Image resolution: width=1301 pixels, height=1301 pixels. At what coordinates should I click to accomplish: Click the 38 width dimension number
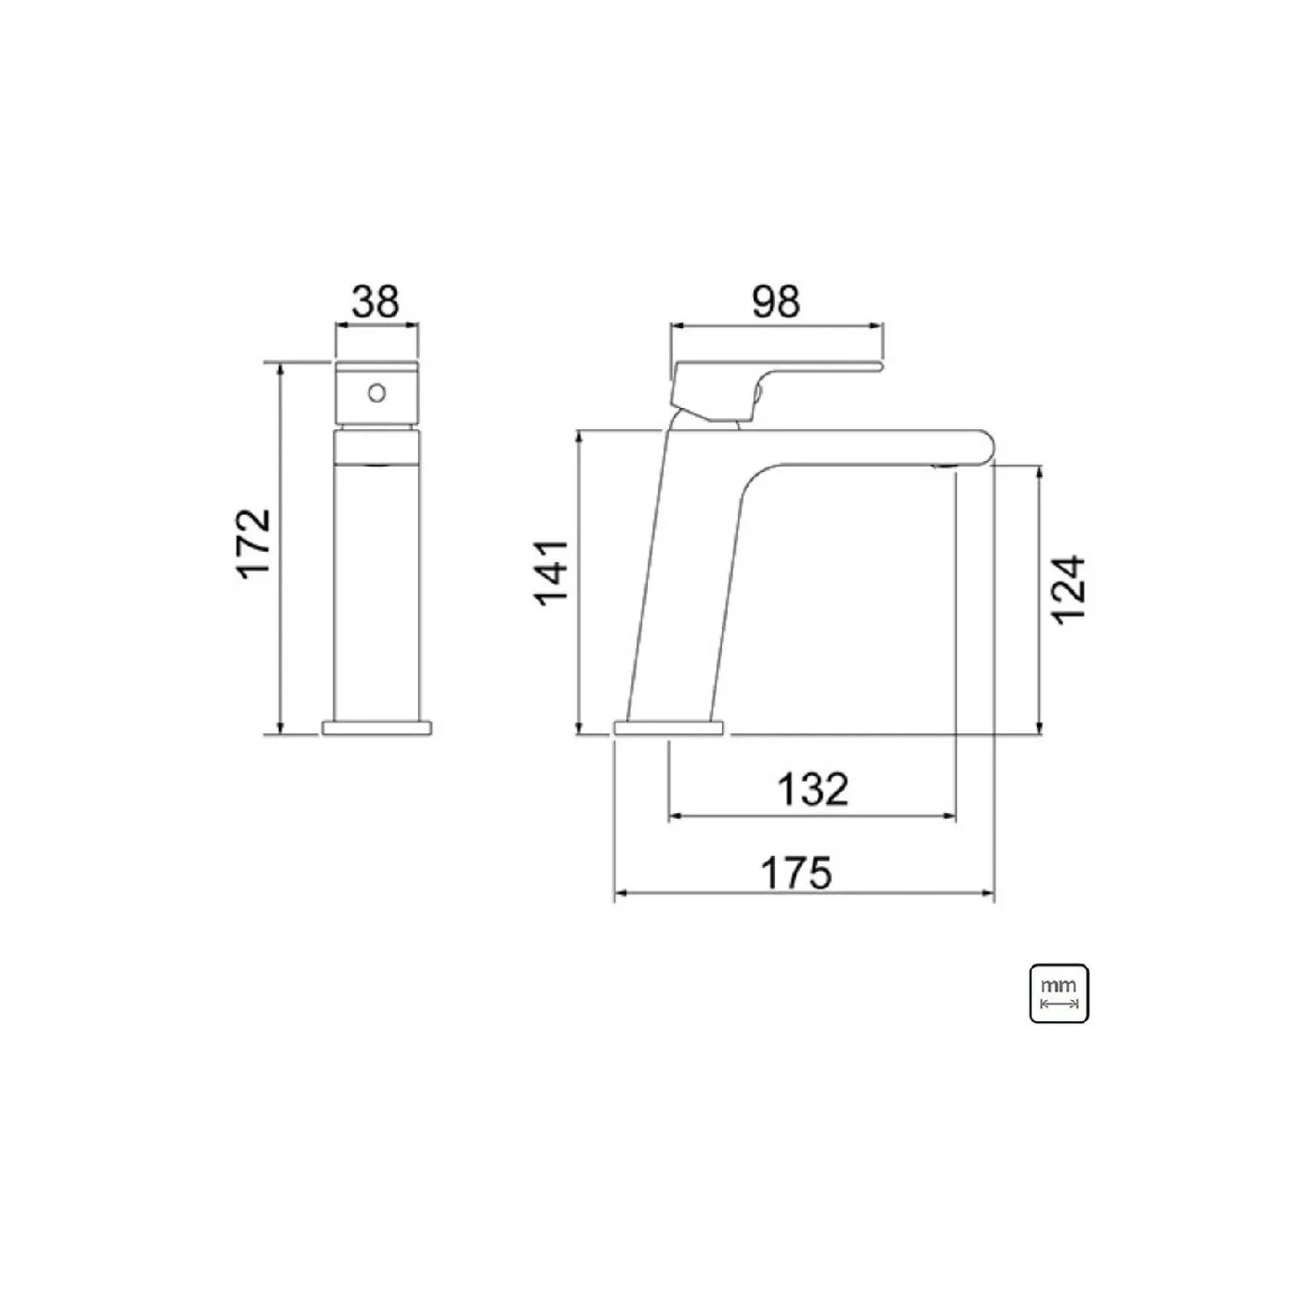tap(376, 302)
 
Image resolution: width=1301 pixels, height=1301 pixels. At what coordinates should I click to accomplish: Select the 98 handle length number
tap(776, 302)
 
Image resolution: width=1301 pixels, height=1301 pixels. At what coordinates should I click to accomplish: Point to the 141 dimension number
tap(552, 574)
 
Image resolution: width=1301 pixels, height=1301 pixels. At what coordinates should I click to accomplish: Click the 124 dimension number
tap(1069, 590)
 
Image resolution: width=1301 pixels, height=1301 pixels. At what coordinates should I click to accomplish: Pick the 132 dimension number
tap(813, 789)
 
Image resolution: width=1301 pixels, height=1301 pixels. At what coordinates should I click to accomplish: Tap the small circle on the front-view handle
tap(376, 392)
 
